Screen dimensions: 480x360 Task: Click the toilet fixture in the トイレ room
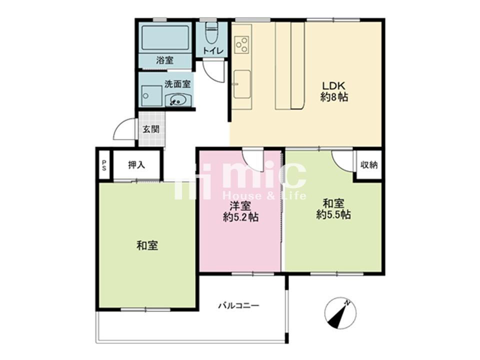pyautogui.click(x=210, y=33)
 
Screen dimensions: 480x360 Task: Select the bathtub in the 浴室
pyautogui.click(x=165, y=37)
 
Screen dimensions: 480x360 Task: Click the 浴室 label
pyautogui.click(x=164, y=60)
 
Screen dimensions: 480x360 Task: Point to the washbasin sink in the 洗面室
pyautogui.click(x=178, y=100)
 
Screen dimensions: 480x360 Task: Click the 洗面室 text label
pyautogui.click(x=177, y=84)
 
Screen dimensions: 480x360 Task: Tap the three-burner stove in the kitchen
pyautogui.click(x=242, y=44)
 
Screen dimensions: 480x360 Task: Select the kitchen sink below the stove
pyautogui.click(x=242, y=84)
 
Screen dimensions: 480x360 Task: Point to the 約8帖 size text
pyautogui.click(x=334, y=97)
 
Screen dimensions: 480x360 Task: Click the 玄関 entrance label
pyautogui.click(x=151, y=129)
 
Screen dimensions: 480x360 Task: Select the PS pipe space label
pyautogui.click(x=104, y=165)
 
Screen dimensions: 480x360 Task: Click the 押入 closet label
pyautogui.click(x=136, y=165)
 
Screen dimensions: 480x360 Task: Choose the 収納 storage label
pyautogui.click(x=369, y=165)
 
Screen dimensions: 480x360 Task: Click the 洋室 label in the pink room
pyautogui.click(x=240, y=205)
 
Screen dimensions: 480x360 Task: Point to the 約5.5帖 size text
pyautogui.click(x=333, y=214)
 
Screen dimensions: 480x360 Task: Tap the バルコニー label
pyautogui.click(x=239, y=305)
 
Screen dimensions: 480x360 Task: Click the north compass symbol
pyautogui.click(x=340, y=313)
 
